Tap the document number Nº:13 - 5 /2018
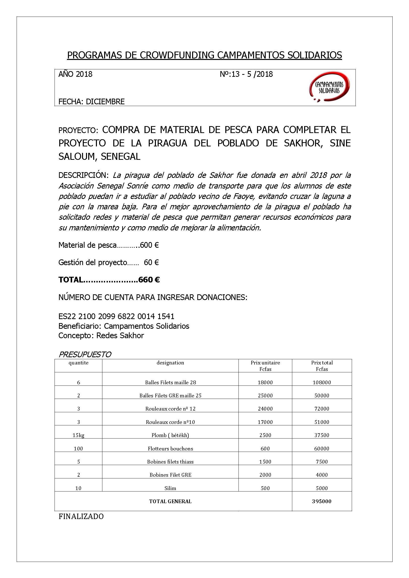(246, 74)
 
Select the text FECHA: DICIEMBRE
(91, 101)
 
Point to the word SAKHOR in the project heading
(303, 143)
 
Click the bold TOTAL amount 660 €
(149, 280)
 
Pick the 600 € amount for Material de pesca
(149, 245)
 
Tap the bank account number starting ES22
(116, 316)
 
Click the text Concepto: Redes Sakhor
(101, 335)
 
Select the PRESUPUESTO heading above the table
(85, 355)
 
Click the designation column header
(170, 363)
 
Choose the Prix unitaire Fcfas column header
(265, 366)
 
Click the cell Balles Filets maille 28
(170, 382)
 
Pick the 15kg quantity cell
(78, 435)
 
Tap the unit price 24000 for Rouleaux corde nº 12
(265, 409)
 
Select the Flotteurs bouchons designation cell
(170, 448)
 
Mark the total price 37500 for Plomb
(321, 435)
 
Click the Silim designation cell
(170, 488)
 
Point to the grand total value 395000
(321, 501)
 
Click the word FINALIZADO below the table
(81, 517)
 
